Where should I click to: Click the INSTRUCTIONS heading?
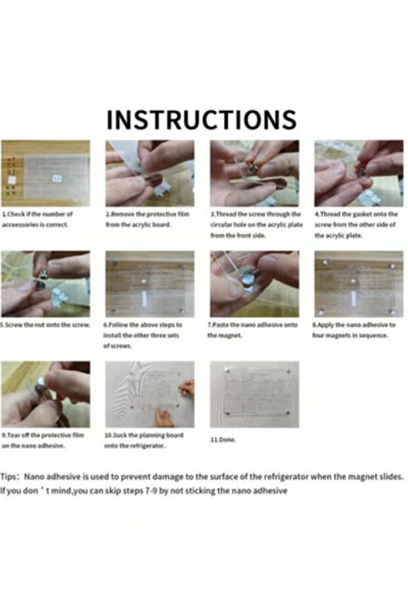tap(201, 120)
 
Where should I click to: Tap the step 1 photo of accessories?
tap(45, 174)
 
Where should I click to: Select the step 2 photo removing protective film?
tap(150, 174)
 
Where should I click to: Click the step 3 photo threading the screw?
tap(254, 174)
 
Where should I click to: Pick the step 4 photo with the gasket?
tap(359, 174)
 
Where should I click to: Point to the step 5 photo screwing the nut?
tap(45, 284)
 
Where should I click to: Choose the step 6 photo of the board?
tap(150, 284)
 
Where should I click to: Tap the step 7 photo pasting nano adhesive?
tap(254, 284)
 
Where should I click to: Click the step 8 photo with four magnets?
tap(359, 284)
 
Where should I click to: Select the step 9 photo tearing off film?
tap(45, 394)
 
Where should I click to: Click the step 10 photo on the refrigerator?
tap(150, 394)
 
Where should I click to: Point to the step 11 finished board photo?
tap(254, 394)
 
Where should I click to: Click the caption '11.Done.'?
tap(223, 440)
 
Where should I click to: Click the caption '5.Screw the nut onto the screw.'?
tap(46, 325)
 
